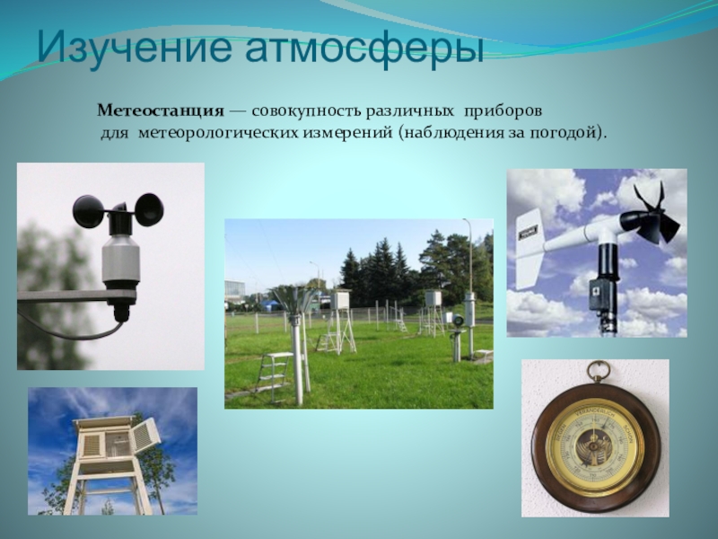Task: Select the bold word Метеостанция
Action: click(161, 110)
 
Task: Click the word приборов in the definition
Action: click(503, 111)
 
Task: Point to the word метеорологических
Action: click(218, 133)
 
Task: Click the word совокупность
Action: click(307, 111)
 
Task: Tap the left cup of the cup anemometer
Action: click(88, 211)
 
